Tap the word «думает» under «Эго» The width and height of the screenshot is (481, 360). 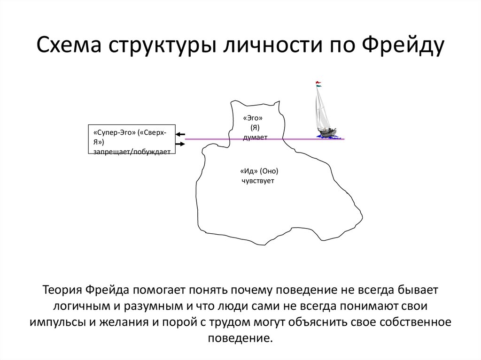(x=255, y=137)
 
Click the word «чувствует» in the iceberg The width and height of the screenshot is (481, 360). (x=258, y=181)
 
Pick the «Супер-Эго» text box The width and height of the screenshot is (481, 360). (x=132, y=140)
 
